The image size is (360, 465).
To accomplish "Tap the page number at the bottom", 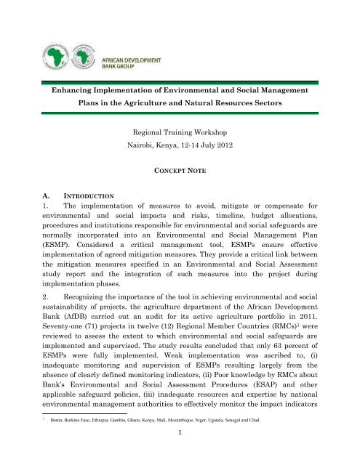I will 180,460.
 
